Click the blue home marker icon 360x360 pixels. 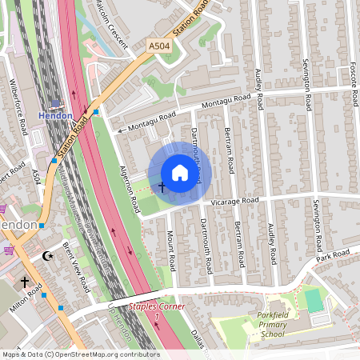(x=180, y=173)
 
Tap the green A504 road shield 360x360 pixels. (x=159, y=48)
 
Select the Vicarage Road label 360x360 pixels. (x=237, y=200)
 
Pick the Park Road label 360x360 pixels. (x=333, y=255)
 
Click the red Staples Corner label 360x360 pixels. (x=158, y=306)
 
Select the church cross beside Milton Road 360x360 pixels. (x=25, y=282)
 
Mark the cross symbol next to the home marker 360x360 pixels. (x=162, y=187)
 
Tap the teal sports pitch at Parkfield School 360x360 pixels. (x=314, y=301)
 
